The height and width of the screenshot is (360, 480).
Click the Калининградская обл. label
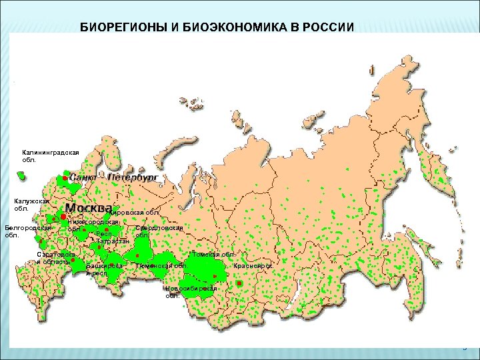coord(50,156)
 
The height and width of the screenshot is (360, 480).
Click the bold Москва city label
coord(89,207)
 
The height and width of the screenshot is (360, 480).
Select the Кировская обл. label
coord(133,213)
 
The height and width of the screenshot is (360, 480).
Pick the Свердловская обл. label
coord(159,231)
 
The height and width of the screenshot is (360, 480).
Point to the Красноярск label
coord(252,266)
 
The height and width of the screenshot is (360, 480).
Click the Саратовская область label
coord(56,258)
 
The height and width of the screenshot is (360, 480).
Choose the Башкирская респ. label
coord(104,269)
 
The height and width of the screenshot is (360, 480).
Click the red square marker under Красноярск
coord(240,283)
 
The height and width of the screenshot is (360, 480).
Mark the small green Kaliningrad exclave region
coord(22,176)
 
